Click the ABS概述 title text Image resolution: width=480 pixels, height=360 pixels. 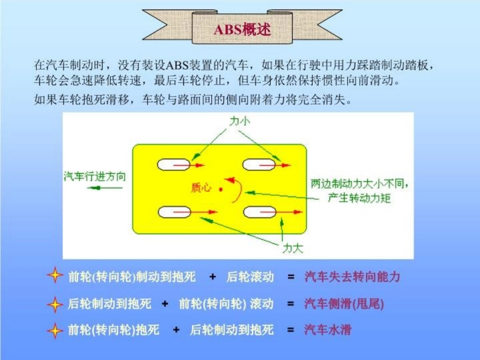pyautogui.click(x=242, y=29)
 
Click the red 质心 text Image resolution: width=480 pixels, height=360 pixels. pyautogui.click(x=201, y=188)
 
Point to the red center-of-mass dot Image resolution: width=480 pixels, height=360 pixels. pyautogui.click(x=221, y=189)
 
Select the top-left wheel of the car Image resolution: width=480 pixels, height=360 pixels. pyautogui.click(x=173, y=165)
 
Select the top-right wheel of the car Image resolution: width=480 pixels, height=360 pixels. pyautogui.click(x=259, y=165)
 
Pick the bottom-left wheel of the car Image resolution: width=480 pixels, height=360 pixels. pyautogui.click(x=173, y=213)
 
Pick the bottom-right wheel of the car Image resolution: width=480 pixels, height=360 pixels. pyautogui.click(x=259, y=213)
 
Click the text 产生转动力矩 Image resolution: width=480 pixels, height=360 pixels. pyautogui.click(x=359, y=198)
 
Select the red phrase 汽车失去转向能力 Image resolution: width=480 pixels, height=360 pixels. pyautogui.click(x=352, y=277)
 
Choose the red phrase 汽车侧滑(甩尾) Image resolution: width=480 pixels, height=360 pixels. pyautogui.click(x=344, y=303)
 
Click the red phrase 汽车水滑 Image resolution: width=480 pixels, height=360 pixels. pyautogui.click(x=327, y=330)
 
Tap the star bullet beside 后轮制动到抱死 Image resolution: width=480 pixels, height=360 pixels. pyautogui.click(x=55, y=304)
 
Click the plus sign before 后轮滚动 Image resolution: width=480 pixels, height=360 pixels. pyautogui.click(x=213, y=277)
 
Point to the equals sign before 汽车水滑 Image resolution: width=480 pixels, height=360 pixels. pyautogui.click(x=291, y=330)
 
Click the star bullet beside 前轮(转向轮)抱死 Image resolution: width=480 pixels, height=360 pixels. pyautogui.click(x=55, y=331)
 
